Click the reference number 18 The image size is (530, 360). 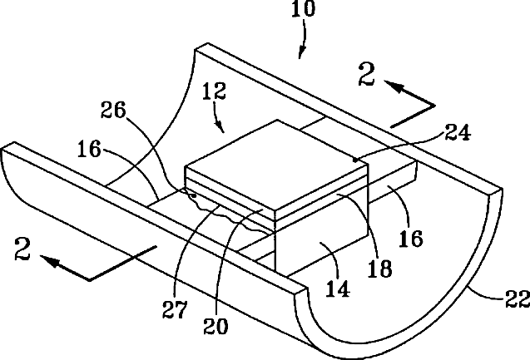(x=379, y=267)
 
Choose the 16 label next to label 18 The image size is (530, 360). (x=410, y=239)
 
